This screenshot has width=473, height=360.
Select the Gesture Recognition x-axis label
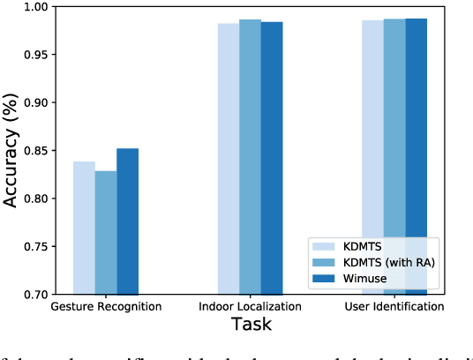tap(106, 307)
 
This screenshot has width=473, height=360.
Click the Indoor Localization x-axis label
tap(250, 307)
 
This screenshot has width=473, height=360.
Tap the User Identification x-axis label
tap(394, 307)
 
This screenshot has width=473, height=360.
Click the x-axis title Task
tap(250, 325)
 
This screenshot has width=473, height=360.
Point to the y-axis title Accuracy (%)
tap(11, 150)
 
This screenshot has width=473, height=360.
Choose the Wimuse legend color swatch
tap(324, 279)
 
